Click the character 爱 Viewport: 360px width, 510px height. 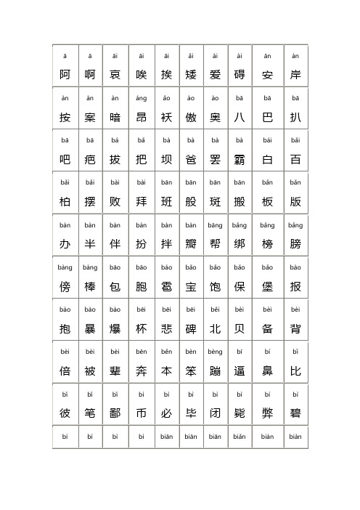pyautogui.click(x=215, y=74)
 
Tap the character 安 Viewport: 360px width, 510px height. pyautogui.click(x=267, y=74)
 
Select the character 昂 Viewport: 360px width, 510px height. pyautogui.click(x=141, y=116)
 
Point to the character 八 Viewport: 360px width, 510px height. pyautogui.click(x=240, y=116)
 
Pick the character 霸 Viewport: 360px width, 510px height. pyautogui.click(x=240, y=158)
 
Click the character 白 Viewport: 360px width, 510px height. pyautogui.click(x=267, y=158)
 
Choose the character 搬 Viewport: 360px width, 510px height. pyautogui.click(x=240, y=201)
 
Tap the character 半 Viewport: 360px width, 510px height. pyautogui.click(x=90, y=243)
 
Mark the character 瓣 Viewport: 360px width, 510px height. pyautogui.click(x=191, y=243)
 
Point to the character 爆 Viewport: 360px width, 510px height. pyautogui.click(x=115, y=328)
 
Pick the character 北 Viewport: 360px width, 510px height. pyautogui.click(x=215, y=328)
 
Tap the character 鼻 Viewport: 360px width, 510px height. pyautogui.click(x=267, y=371)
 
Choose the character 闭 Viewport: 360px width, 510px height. pyautogui.click(x=215, y=413)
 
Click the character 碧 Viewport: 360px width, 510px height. pyautogui.click(x=295, y=413)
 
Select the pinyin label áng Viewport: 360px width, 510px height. pyautogui.click(x=141, y=98)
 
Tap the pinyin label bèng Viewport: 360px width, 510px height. pyautogui.click(x=215, y=352)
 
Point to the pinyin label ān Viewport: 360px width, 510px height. pyautogui.click(x=267, y=56)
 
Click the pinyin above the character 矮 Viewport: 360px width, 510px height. pyautogui.click(x=191, y=56)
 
